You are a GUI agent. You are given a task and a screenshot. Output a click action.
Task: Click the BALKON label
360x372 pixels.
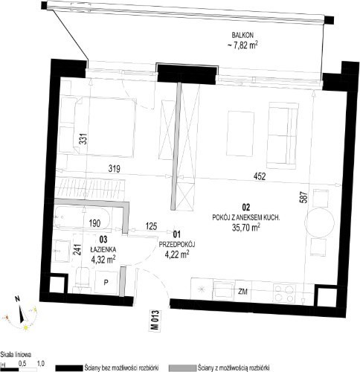[x=242, y=35]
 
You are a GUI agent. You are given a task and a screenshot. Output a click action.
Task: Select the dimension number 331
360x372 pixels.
[x=85, y=139]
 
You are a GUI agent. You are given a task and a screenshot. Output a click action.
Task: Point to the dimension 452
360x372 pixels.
[x=260, y=176]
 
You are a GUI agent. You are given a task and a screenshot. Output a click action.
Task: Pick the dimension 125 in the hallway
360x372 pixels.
[x=151, y=226]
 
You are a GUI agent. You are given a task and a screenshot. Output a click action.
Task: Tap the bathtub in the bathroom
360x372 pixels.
[x=83, y=218]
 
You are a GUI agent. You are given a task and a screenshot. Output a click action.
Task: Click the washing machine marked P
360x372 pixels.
[x=106, y=283]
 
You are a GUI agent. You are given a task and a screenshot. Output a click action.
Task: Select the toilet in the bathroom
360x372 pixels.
[x=82, y=279]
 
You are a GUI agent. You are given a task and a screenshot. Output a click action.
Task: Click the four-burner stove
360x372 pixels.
[x=285, y=293]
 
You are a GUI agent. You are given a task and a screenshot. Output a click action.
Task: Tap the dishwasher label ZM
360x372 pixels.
[x=243, y=292]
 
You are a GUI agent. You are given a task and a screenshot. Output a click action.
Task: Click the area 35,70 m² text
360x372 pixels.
[x=246, y=228]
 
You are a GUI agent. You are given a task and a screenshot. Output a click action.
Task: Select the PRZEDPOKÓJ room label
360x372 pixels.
[x=177, y=244]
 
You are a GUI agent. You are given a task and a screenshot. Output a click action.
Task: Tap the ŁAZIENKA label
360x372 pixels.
[x=103, y=249]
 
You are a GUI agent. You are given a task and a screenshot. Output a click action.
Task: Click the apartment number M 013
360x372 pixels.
[x=155, y=321]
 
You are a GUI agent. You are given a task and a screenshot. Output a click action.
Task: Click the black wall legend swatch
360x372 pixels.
[x=69, y=368]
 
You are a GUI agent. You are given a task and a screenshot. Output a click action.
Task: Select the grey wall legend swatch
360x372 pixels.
[x=182, y=368]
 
